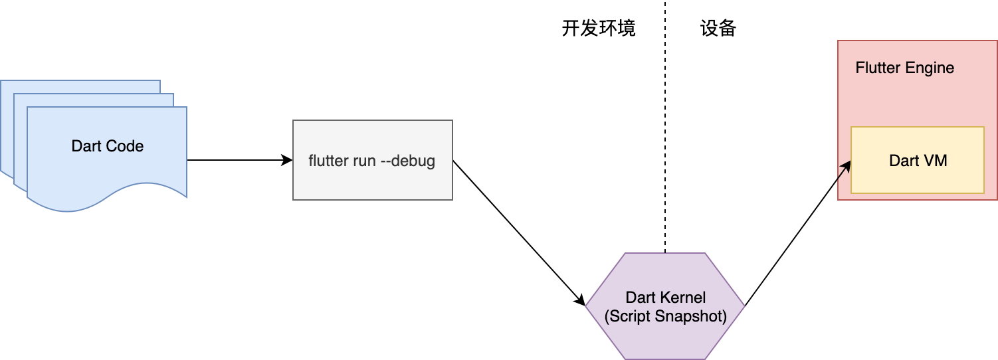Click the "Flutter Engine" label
point(904,68)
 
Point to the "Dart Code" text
point(108,146)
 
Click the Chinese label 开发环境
point(598,29)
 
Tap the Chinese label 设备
point(718,29)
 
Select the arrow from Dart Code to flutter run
point(239,160)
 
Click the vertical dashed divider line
point(664,133)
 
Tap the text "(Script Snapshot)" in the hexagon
point(665,316)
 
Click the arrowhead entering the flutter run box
point(288,160)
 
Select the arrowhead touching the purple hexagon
point(580,301)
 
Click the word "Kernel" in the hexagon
point(684,298)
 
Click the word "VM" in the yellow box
point(936,161)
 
